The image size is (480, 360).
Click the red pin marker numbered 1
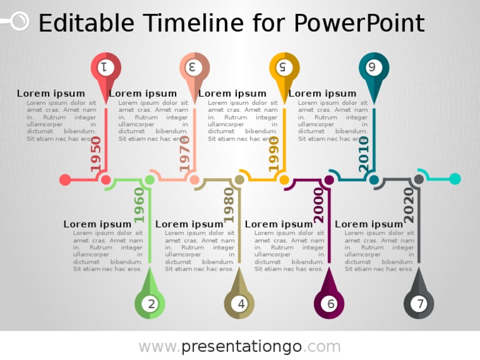click(x=106, y=67)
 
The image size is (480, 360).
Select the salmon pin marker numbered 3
click(x=195, y=67)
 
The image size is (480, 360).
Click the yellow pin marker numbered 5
click(x=284, y=67)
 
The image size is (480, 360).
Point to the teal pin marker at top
click(x=374, y=67)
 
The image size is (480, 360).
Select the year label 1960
click(x=139, y=205)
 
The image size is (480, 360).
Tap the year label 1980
click(x=229, y=205)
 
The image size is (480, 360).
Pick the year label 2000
click(x=319, y=205)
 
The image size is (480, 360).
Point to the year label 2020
click(x=409, y=205)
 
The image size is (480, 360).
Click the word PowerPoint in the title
click(x=359, y=24)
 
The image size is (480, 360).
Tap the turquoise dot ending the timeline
click(x=455, y=179)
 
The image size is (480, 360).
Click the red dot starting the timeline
click(x=65, y=180)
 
